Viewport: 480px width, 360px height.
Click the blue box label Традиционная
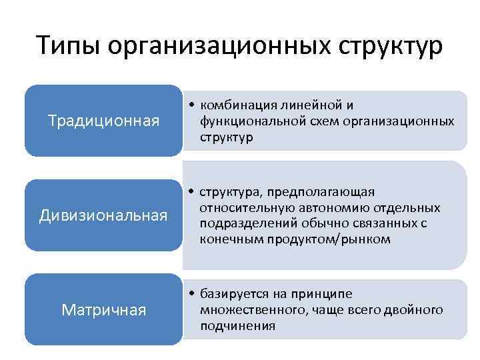[x=103, y=121]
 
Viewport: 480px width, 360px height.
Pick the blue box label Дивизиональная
[x=103, y=215]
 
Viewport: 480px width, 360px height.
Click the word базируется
[x=231, y=294]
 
